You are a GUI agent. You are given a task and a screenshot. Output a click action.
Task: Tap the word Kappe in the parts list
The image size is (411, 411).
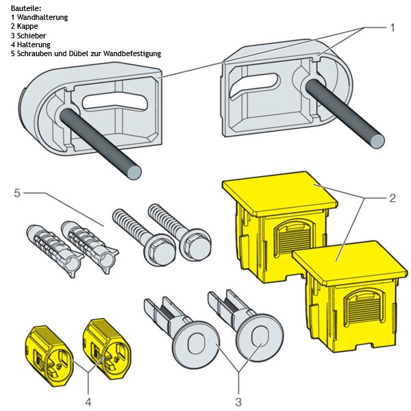[27, 26]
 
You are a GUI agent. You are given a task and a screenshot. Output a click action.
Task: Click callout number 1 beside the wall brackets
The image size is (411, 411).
[393, 27]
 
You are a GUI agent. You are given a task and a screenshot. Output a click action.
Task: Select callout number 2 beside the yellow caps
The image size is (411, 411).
[392, 199]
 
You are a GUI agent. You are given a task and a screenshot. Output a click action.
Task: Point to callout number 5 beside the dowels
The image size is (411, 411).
[16, 193]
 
